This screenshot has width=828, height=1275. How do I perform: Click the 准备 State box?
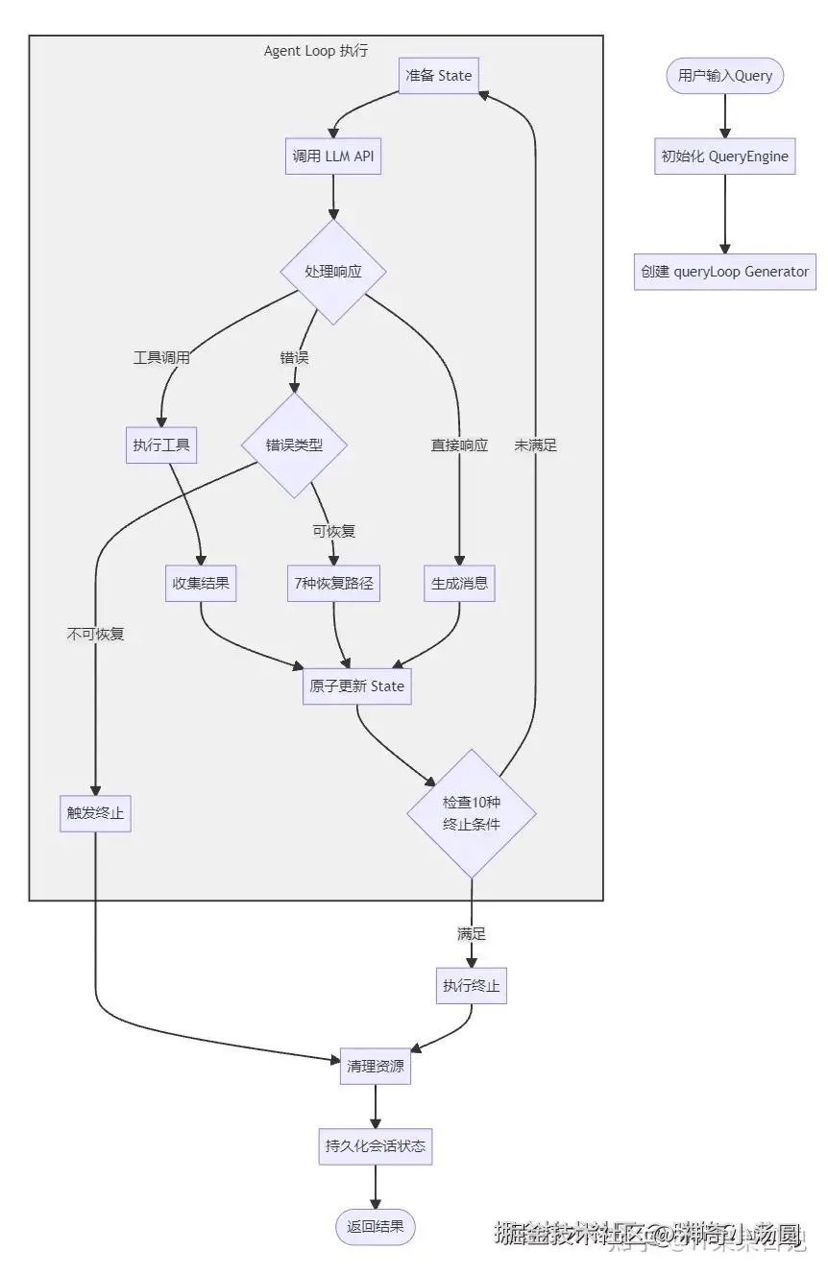[x=439, y=75]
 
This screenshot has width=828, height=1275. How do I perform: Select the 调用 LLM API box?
[x=333, y=156]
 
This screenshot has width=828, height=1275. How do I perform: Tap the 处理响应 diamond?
[x=333, y=272]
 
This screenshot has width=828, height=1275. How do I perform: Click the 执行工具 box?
[x=161, y=445]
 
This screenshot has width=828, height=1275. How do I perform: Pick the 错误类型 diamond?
[x=293, y=445]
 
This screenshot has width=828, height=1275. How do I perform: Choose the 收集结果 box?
[x=201, y=583]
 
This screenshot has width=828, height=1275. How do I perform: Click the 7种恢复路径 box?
[x=333, y=583]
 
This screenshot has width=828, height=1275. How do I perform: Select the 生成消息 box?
[x=459, y=583]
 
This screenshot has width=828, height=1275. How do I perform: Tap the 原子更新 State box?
[x=357, y=686]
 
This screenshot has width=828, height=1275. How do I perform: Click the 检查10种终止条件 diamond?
[x=472, y=813]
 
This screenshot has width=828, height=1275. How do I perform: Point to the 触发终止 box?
[x=95, y=813]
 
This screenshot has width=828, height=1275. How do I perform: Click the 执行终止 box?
[x=472, y=985]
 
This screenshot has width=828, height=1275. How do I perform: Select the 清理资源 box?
[x=376, y=1066]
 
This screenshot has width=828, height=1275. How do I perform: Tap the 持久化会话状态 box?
[x=376, y=1145]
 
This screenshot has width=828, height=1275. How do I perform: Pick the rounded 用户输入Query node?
[x=725, y=76]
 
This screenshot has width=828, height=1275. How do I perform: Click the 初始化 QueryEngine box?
[x=725, y=156]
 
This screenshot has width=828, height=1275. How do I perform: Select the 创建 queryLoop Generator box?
[x=725, y=272]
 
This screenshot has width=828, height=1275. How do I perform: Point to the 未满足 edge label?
[x=535, y=445]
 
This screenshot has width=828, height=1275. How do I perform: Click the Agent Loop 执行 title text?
[x=316, y=51]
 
